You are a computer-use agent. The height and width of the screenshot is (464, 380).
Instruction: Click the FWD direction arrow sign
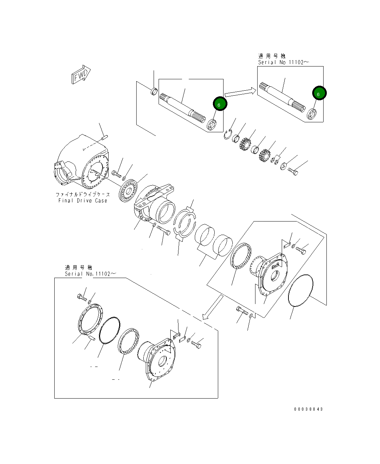(81, 75)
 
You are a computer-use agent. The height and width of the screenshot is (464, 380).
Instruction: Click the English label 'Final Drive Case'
(83, 201)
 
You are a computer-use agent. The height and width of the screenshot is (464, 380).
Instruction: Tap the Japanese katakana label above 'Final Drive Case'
(83, 194)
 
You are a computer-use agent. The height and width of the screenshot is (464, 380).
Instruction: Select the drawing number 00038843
(308, 409)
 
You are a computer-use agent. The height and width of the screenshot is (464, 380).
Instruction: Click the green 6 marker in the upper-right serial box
(319, 94)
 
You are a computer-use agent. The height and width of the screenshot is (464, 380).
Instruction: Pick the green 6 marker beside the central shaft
(219, 105)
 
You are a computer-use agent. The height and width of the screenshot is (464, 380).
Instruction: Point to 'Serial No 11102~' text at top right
(283, 62)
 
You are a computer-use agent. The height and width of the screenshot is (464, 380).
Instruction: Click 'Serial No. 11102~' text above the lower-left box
(90, 274)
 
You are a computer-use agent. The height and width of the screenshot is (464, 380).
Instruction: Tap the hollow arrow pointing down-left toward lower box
(212, 308)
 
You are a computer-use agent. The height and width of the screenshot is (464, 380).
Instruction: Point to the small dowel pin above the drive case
(104, 136)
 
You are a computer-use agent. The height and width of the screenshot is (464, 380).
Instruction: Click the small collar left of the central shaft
(154, 91)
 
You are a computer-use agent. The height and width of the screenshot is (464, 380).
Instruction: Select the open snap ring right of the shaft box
(228, 134)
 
